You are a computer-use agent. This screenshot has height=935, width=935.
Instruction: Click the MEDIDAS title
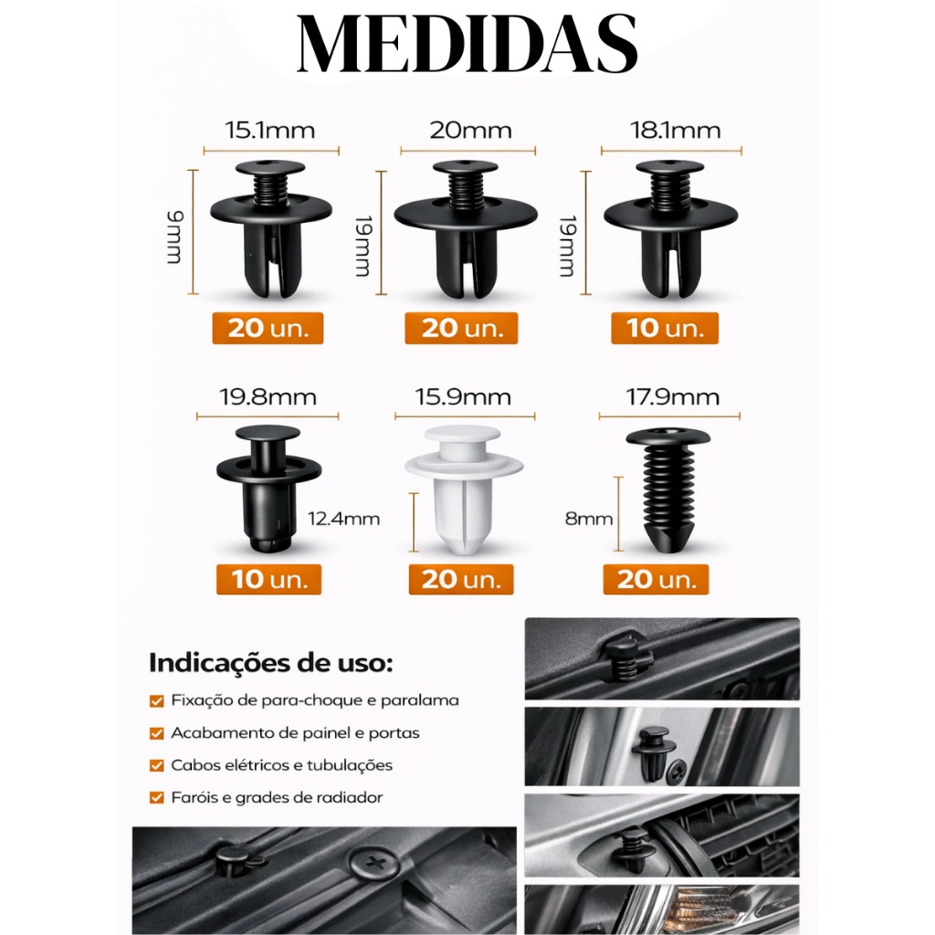point(467,44)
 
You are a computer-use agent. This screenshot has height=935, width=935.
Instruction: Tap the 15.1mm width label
point(269,131)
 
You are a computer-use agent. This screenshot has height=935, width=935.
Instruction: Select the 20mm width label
point(470,131)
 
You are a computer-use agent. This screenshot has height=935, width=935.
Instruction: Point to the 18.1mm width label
point(675,131)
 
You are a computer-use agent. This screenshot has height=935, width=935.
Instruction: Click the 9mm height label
point(174,237)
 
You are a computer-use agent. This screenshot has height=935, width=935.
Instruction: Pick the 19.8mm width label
point(268,397)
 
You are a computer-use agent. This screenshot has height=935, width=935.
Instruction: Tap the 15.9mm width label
point(463,397)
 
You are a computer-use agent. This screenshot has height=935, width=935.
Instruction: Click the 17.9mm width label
point(672,397)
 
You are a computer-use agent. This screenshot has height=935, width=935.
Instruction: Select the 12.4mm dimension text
point(343,519)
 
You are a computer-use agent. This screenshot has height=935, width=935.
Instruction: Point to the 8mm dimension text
point(589,519)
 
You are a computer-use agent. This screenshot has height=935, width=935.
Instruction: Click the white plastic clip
point(463,489)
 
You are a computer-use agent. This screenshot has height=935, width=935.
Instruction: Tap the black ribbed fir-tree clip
point(667,489)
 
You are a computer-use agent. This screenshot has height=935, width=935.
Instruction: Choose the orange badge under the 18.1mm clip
point(665,329)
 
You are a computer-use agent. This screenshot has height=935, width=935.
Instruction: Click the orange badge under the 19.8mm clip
point(269,580)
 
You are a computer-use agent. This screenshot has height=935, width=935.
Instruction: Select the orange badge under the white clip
point(461,580)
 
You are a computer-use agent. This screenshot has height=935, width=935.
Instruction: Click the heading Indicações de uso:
point(270,663)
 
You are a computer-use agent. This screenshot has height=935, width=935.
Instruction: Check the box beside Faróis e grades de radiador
point(157,798)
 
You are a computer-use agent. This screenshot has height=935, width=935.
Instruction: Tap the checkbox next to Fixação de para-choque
point(157,700)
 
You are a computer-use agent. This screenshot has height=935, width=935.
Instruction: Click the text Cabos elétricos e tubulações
point(281,765)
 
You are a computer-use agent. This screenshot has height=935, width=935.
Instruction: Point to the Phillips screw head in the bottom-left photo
point(373,863)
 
